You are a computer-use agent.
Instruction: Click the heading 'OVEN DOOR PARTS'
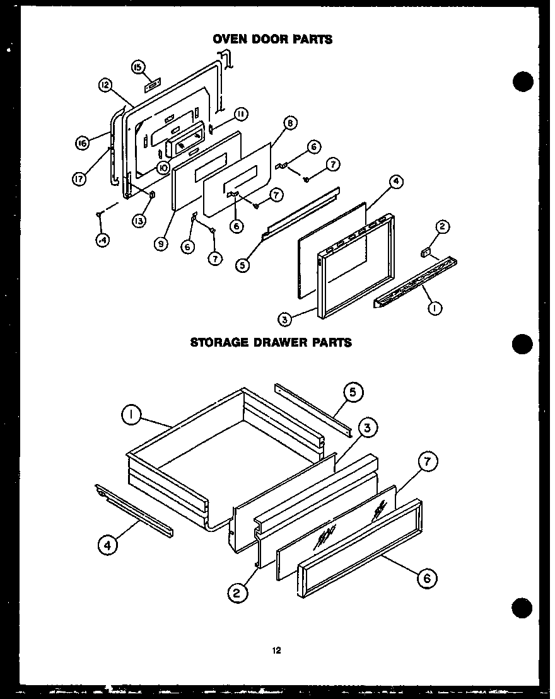click(272, 39)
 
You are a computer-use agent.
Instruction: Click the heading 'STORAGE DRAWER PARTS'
click(271, 343)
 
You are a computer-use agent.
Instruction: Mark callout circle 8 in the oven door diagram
click(289, 124)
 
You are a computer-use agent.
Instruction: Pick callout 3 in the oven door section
click(285, 320)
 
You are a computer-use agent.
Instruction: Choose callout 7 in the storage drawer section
click(427, 463)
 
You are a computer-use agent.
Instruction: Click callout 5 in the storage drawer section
click(353, 393)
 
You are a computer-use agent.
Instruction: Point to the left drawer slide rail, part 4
click(134, 511)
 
